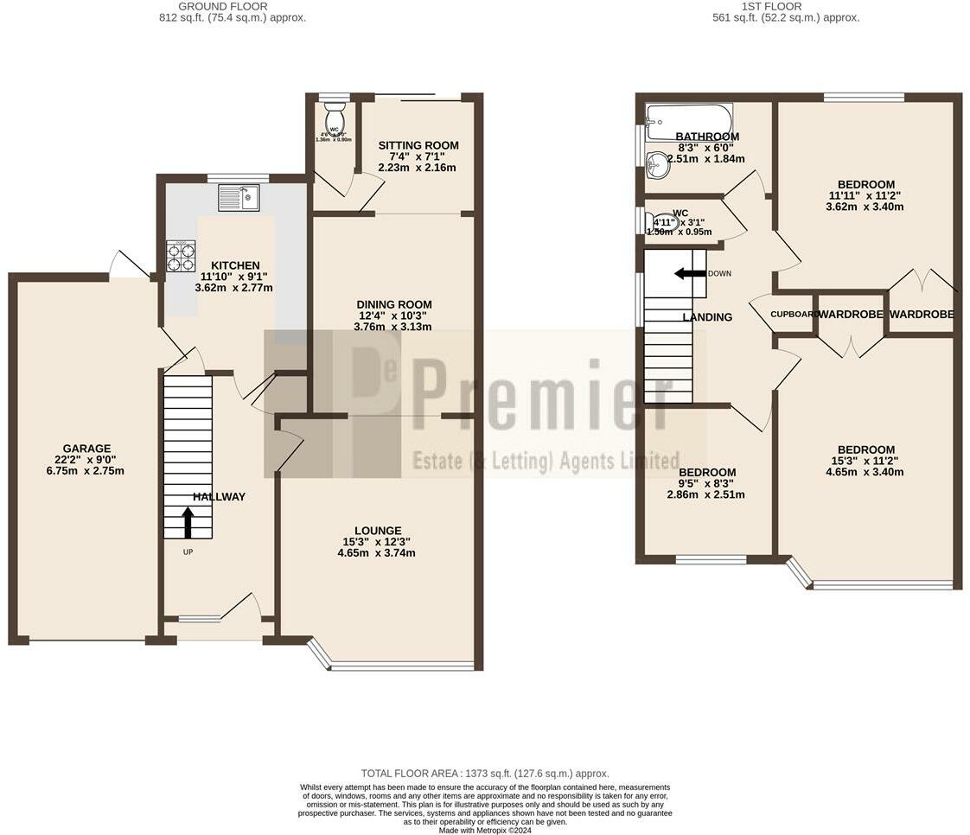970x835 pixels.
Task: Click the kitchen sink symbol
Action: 239,198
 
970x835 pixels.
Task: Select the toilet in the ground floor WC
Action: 335,118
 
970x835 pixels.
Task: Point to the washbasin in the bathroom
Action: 658,164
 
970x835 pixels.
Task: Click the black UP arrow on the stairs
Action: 188,523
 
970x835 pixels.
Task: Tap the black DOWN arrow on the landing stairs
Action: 690,273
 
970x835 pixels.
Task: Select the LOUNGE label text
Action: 377,531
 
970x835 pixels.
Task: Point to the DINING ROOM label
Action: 394,304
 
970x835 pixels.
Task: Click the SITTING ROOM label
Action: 418,145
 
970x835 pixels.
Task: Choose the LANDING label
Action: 707,317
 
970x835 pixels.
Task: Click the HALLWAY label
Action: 219,496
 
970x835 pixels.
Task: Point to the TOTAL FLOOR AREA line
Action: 484,774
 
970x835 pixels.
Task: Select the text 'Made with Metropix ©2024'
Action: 485,830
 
